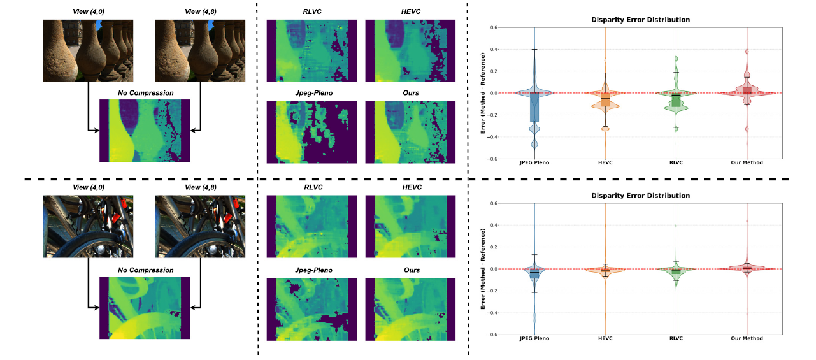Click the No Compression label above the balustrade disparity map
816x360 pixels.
(145, 93)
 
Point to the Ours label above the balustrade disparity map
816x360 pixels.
(412, 93)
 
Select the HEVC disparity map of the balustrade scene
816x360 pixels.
(412, 51)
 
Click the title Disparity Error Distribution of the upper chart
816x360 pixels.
(640, 20)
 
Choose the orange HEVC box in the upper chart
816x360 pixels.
(605, 99)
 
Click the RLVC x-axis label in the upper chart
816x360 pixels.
(676, 163)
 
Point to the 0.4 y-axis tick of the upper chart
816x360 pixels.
(494, 49)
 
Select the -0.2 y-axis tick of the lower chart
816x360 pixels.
(492, 291)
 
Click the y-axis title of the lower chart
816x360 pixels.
(483, 269)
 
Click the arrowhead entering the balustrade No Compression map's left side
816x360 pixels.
(96, 131)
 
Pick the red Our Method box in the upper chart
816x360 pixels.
(747, 90)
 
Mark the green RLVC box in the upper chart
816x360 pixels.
(676, 100)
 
